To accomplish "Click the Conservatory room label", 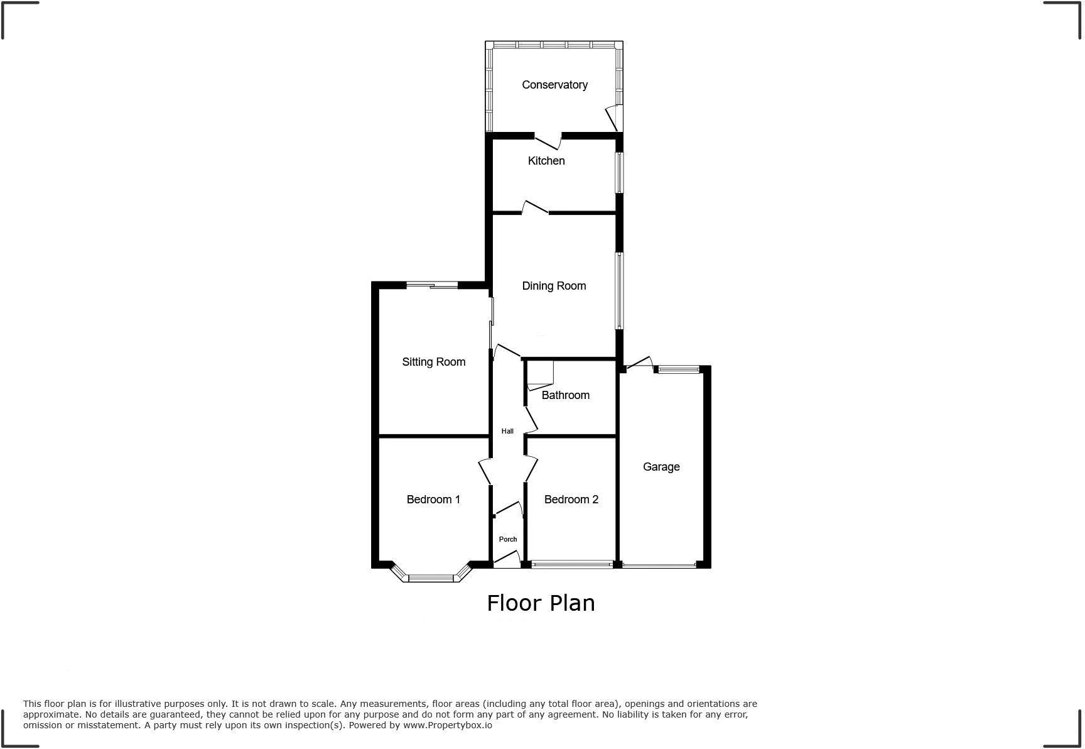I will (554, 85).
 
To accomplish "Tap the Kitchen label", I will (546, 161).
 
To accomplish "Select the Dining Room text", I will (554, 286).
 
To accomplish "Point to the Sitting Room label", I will (433, 362).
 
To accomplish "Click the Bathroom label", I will (565, 395).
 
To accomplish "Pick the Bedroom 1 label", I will (433, 500).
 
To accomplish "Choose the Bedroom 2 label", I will (571, 500).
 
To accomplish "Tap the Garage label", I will (661, 467).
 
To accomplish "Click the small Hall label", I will (507, 431).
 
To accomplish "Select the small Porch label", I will (508, 539).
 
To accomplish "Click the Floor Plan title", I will (541, 603).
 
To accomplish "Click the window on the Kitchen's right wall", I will (619, 173).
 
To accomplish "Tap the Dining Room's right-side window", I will (619, 290).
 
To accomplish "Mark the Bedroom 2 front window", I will (571, 565).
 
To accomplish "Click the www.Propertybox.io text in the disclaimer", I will (448, 725).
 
